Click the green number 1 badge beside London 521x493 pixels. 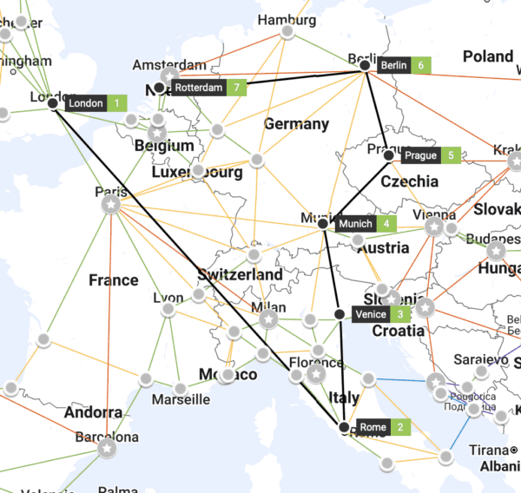[117, 103]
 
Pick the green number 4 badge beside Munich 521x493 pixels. [386, 224]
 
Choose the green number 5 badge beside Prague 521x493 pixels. [451, 156]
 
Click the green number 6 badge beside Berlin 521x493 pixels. [421, 65]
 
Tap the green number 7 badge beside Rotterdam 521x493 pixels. [234, 88]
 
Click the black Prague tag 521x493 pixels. [421, 156]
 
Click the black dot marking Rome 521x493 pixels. [345, 428]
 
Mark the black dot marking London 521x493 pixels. [53, 103]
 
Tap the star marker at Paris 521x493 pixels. [111, 205]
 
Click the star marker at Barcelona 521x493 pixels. [106, 448]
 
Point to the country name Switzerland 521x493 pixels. [240, 274]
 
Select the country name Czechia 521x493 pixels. [410, 181]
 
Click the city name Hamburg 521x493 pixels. [287, 20]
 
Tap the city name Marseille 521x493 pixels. [181, 399]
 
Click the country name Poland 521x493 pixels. [487, 56]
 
